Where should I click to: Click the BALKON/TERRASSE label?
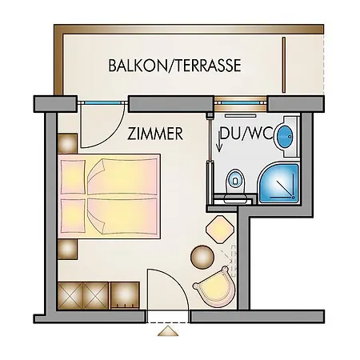coord(174,66)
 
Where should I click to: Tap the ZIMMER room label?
coord(155,134)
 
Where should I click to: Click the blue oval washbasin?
coord(286,136)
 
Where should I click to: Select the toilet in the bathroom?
coord(235,185)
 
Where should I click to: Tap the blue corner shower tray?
coord(279,183)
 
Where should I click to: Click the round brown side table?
coord(202,257)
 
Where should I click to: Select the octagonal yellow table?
coord(220,229)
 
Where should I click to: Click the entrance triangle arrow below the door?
coord(168,331)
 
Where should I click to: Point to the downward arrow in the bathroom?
coord(219,142)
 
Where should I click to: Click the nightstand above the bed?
coord(67,143)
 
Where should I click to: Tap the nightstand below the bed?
coord(67,250)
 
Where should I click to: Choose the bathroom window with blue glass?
coord(241,103)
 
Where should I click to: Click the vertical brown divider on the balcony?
coord(284,65)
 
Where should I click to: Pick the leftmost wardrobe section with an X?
coord(70,296)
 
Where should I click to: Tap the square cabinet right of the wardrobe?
coord(125,295)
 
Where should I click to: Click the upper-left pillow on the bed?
coord(73,177)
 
